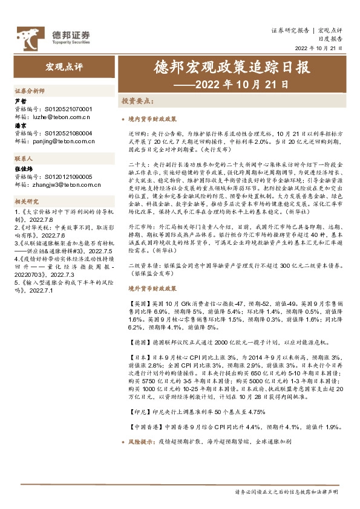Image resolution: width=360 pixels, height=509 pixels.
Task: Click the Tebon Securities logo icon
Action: point(29,38)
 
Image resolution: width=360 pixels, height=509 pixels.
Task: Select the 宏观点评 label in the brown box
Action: point(62,65)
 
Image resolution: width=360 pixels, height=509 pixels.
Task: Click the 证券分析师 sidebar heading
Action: point(30,90)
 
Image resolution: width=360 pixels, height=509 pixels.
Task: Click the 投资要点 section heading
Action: point(137,101)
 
